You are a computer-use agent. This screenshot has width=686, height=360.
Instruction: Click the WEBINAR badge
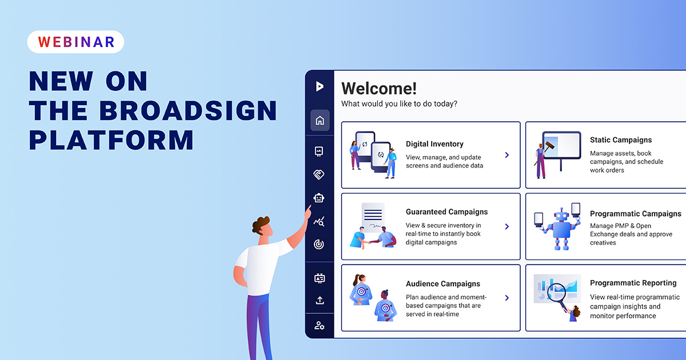(75, 42)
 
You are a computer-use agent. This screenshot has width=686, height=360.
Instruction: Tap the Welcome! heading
(379, 89)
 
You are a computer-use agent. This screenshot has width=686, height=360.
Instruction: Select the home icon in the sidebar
(320, 121)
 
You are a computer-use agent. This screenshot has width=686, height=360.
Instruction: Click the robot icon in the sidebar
(319, 198)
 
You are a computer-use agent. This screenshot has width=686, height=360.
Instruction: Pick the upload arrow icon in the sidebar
(320, 300)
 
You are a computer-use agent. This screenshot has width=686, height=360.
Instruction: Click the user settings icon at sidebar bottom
(320, 326)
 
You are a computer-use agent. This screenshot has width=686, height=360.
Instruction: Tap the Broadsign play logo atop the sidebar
(320, 86)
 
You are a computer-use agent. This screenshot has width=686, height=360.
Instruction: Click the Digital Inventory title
(434, 144)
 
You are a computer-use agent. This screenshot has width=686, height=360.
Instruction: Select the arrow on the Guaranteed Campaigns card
(506, 226)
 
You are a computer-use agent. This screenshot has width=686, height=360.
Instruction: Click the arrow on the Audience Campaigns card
(506, 298)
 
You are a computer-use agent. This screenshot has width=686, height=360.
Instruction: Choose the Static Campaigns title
(621, 140)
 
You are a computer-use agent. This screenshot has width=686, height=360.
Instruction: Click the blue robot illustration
(557, 227)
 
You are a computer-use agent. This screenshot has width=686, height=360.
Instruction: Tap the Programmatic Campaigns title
(635, 214)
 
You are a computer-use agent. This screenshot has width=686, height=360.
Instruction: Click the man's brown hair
(262, 223)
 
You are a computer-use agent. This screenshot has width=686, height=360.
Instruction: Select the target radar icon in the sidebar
(319, 245)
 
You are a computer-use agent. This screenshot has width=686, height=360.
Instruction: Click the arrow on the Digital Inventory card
(506, 155)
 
